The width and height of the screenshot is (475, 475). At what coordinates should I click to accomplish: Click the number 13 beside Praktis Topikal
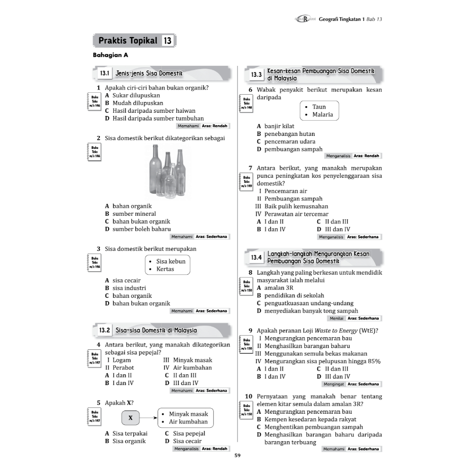click(x=167, y=41)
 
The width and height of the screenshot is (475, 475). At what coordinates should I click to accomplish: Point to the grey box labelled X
click(x=130, y=418)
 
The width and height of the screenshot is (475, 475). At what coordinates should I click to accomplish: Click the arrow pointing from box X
click(x=148, y=418)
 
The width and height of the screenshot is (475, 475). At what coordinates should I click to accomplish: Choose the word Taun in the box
click(x=319, y=107)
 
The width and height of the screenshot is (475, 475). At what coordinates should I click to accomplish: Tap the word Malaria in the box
click(x=322, y=115)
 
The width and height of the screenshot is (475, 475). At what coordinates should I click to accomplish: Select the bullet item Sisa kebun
click(x=171, y=261)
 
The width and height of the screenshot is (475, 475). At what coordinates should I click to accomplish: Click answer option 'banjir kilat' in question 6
click(x=279, y=126)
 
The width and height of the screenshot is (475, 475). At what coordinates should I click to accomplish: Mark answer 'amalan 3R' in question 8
click(x=278, y=288)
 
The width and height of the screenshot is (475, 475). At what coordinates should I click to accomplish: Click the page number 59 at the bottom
click(x=237, y=456)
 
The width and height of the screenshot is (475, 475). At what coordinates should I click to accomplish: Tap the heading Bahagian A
click(x=110, y=55)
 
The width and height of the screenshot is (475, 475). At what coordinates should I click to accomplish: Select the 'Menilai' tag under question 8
click(x=336, y=318)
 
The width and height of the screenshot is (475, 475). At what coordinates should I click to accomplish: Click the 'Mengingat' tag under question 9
click(x=334, y=384)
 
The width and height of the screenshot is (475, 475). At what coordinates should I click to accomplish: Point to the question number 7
click(x=250, y=168)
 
